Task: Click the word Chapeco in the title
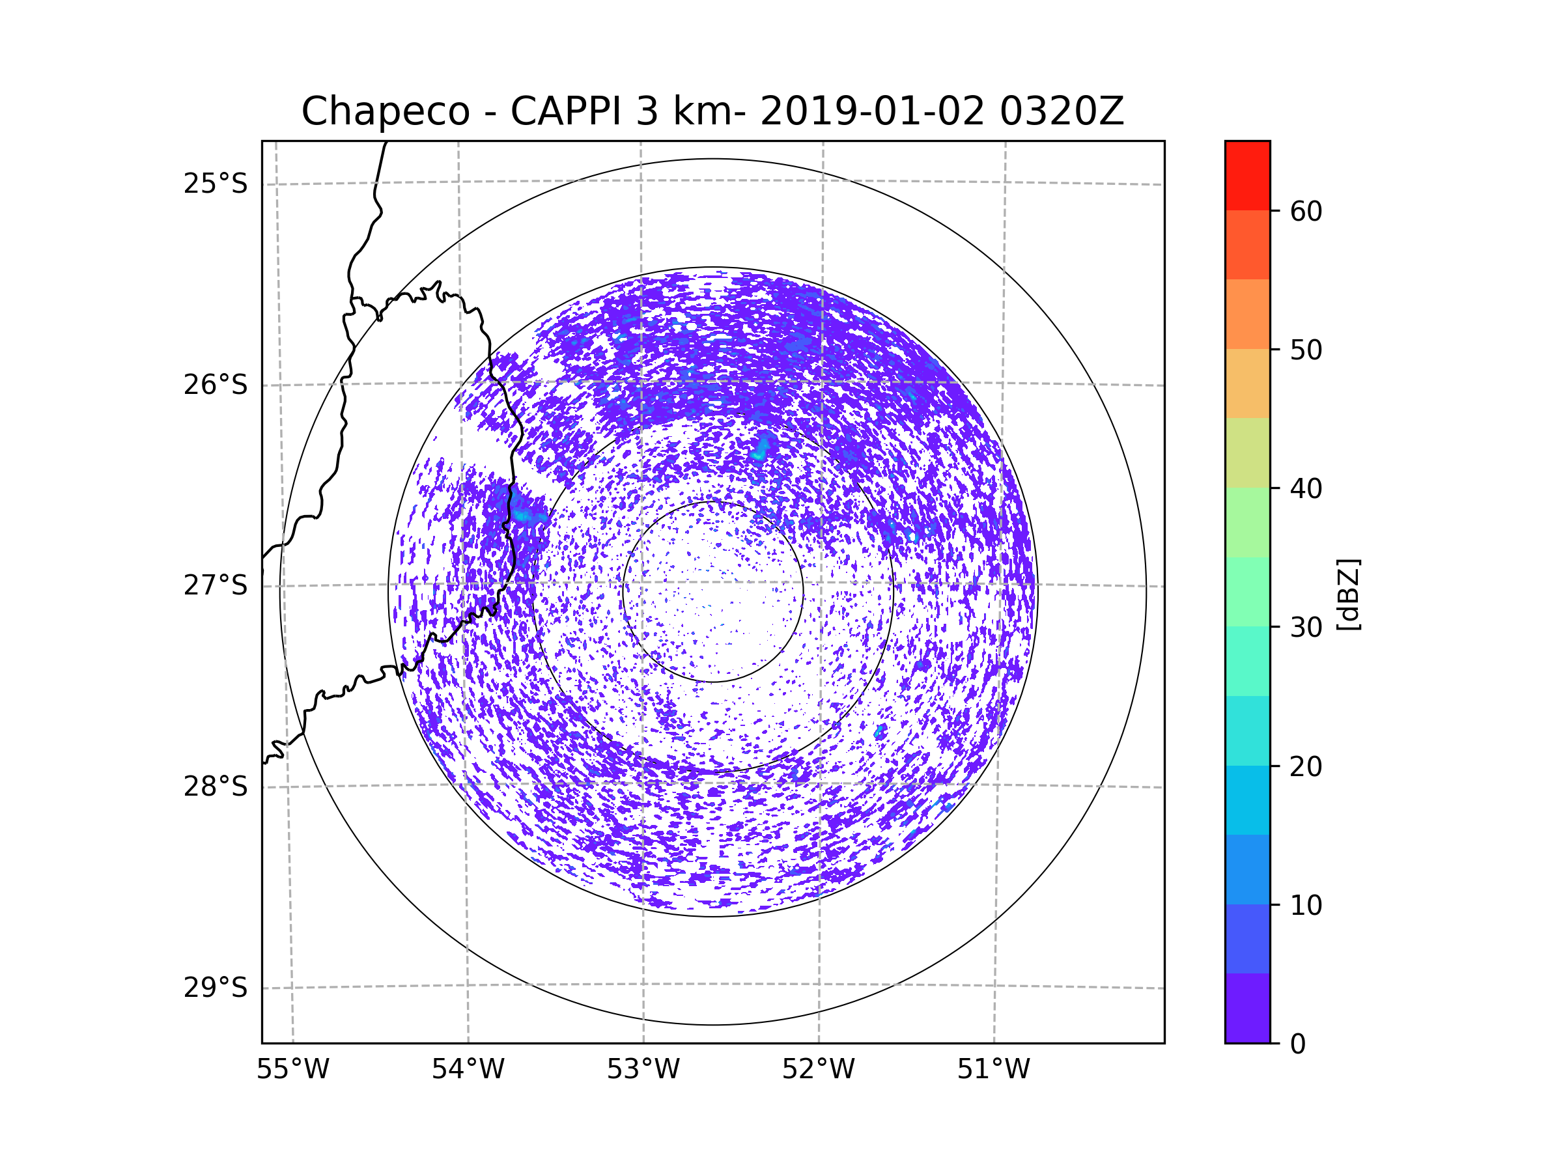[385, 111]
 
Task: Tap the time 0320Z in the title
[1062, 111]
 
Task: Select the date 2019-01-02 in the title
[872, 111]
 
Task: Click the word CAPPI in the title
[566, 111]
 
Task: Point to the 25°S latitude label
[216, 184]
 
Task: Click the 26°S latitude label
[216, 385]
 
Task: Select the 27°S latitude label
[216, 585]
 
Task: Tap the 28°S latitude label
[216, 787]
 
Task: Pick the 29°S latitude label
[216, 988]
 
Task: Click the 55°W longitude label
[292, 1070]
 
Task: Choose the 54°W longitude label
[468, 1070]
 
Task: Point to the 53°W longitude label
[643, 1070]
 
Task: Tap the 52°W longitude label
[818, 1070]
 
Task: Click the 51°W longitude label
[993, 1070]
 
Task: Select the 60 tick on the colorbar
[1306, 211]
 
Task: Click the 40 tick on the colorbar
[1306, 488]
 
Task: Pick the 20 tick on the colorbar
[1306, 766]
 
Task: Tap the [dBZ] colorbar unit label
[1348, 594]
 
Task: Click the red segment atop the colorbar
[1247, 175]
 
